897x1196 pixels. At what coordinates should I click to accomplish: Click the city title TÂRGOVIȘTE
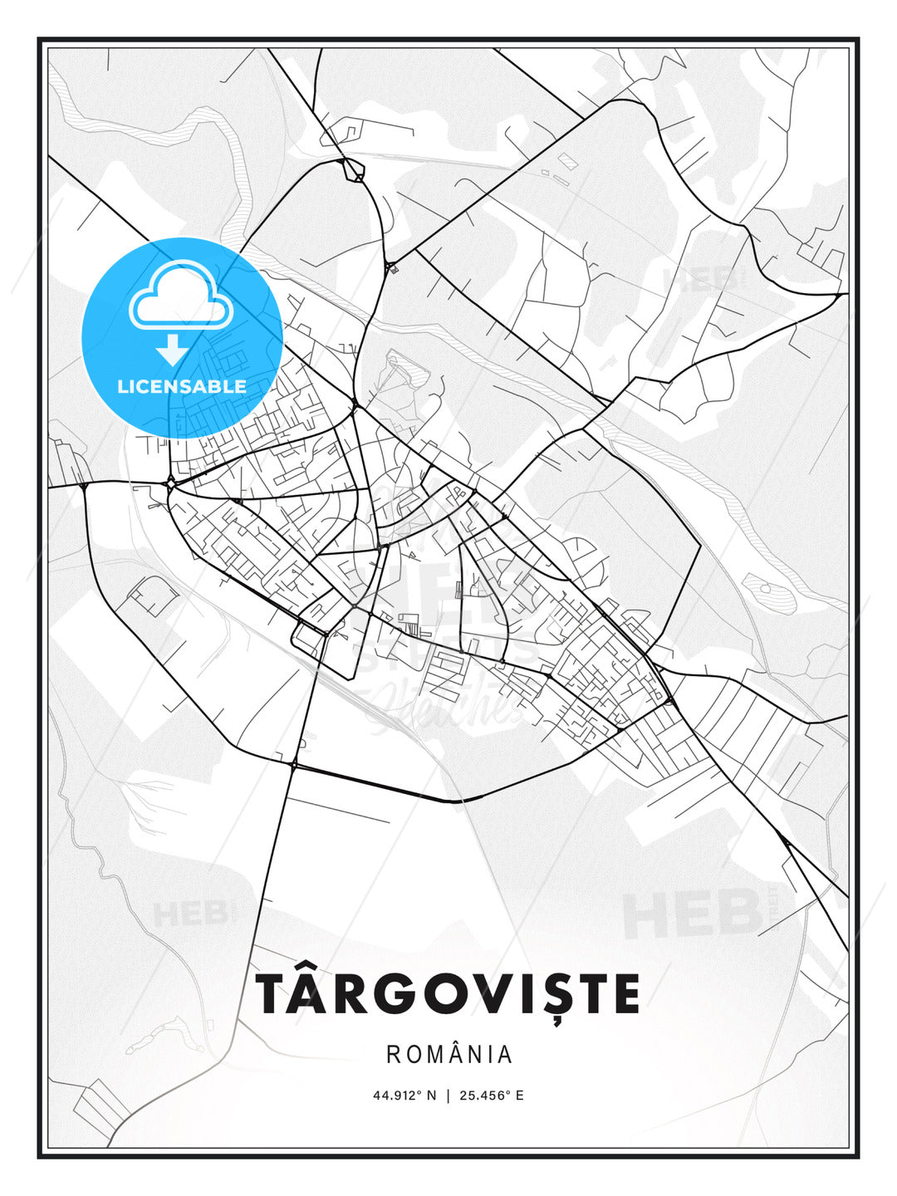448,994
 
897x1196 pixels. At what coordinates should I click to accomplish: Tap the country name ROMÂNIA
449,1055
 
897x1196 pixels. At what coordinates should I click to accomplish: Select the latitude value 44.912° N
404,1096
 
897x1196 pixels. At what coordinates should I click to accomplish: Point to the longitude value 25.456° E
491,1096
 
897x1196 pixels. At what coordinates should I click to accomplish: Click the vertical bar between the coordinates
448,1096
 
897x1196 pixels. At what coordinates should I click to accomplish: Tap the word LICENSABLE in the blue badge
182,386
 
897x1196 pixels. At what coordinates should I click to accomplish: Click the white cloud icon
180,297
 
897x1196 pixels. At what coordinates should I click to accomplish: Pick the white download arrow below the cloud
173,350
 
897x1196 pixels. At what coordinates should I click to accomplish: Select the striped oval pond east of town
770,592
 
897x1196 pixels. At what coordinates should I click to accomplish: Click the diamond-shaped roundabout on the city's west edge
169,482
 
